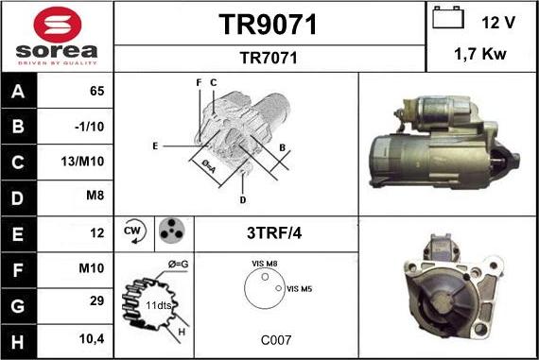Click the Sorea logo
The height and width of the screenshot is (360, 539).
click(x=57, y=36)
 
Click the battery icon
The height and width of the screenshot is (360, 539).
click(x=448, y=18)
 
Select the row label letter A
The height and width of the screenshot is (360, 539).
click(x=19, y=92)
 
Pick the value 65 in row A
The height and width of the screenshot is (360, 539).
click(x=96, y=92)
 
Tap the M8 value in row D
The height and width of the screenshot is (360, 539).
click(x=94, y=197)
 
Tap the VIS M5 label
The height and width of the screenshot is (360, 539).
click(x=301, y=288)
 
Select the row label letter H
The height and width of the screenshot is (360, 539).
click(x=19, y=338)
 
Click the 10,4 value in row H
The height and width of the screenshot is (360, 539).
click(x=93, y=338)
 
